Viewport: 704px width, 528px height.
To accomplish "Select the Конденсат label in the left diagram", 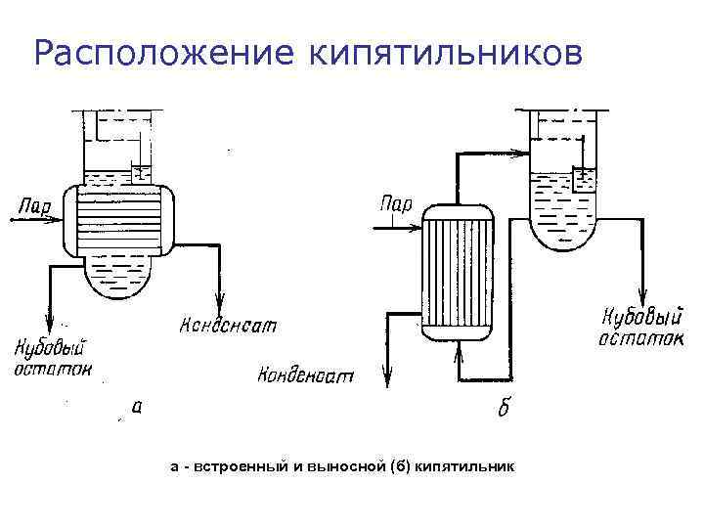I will coord(231,324).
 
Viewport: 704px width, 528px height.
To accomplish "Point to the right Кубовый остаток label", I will coord(640,327).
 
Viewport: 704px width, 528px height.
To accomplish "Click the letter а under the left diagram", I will coord(136,407).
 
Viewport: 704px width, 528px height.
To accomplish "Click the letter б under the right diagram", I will coord(503,408).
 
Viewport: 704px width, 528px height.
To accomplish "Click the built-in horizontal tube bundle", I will coord(116,220).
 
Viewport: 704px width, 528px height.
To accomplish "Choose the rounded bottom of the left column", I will coord(116,279).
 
